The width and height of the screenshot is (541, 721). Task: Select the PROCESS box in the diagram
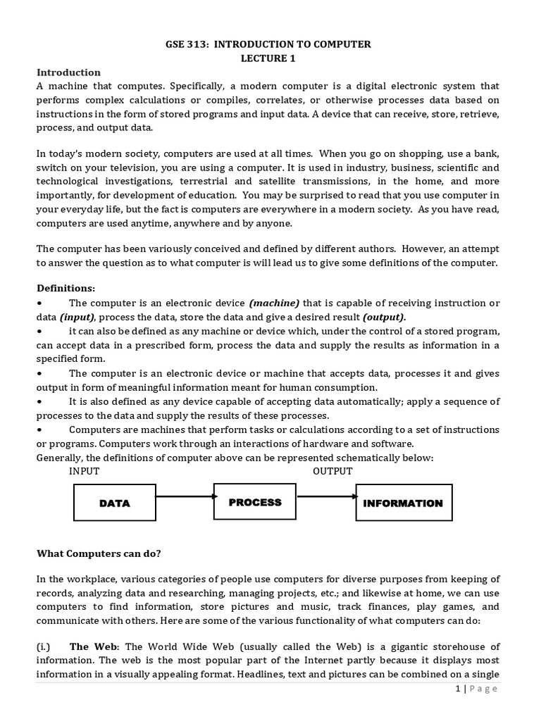pyautogui.click(x=254, y=502)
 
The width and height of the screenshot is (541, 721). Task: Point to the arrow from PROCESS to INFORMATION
pyautogui.click(x=325, y=496)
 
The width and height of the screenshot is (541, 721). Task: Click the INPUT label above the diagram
pyautogui.click(x=84, y=471)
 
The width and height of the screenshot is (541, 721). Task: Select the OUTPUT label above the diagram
pyautogui.click(x=332, y=471)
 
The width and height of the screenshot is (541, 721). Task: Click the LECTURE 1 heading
pyautogui.click(x=270, y=58)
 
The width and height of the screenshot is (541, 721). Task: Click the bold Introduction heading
pyautogui.click(x=68, y=72)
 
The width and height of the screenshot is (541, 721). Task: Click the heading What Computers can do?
pyautogui.click(x=99, y=553)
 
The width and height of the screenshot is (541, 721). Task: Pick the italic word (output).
pyautogui.click(x=384, y=317)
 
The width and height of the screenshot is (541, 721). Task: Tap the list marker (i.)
pyautogui.click(x=46, y=646)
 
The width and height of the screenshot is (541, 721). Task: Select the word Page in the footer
pyautogui.click(x=484, y=688)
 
